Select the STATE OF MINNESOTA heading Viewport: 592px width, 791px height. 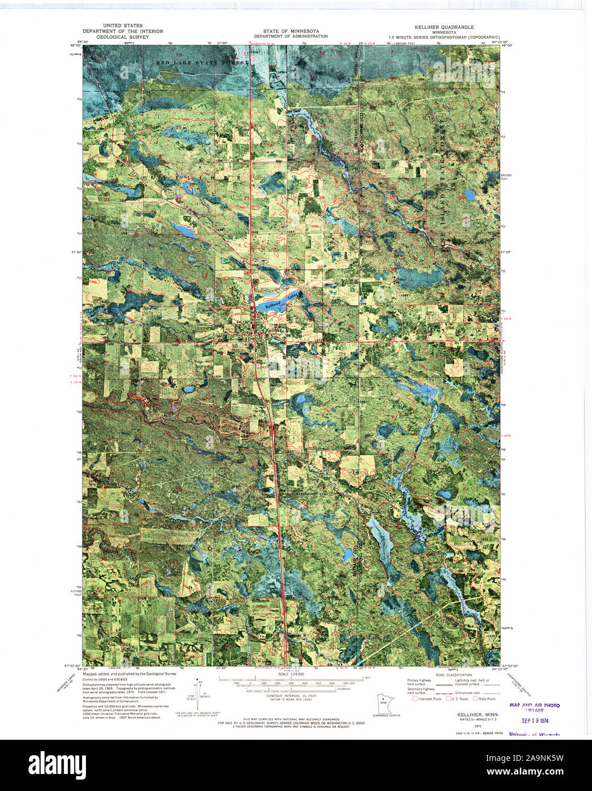pyautogui.click(x=290, y=31)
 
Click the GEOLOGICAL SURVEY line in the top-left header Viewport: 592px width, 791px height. pyautogui.click(x=122, y=36)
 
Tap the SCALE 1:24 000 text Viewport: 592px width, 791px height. pyautogui.click(x=290, y=674)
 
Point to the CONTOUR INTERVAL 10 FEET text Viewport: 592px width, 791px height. pyautogui.click(x=290, y=699)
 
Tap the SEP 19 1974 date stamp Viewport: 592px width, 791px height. pyautogui.click(x=534, y=720)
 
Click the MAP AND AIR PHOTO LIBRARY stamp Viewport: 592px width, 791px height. pyautogui.click(x=534, y=707)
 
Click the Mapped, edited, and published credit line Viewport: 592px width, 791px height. pyautogui.click(x=129, y=673)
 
